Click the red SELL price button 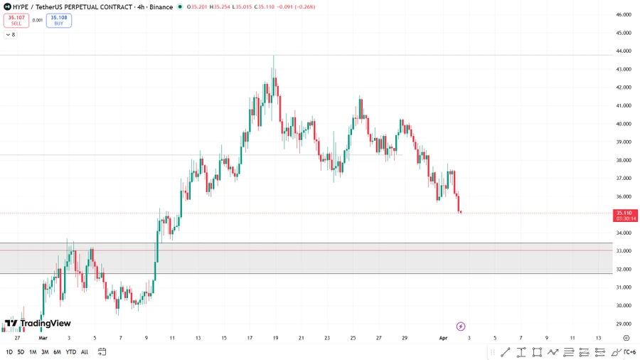(16, 20)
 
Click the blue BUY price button (58, 20)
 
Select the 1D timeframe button (9, 352)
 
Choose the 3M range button (45, 352)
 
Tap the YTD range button (71, 352)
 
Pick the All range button (85, 352)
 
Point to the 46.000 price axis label (624, 14)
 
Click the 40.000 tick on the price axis (624, 124)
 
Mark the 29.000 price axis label (624, 324)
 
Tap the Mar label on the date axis (43, 338)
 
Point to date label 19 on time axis (275, 338)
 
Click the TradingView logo (38, 324)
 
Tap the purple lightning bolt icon (461, 326)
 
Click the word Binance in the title (161, 7)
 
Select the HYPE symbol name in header (21, 7)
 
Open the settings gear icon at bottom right (626, 338)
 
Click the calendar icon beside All (102, 352)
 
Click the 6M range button (58, 352)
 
